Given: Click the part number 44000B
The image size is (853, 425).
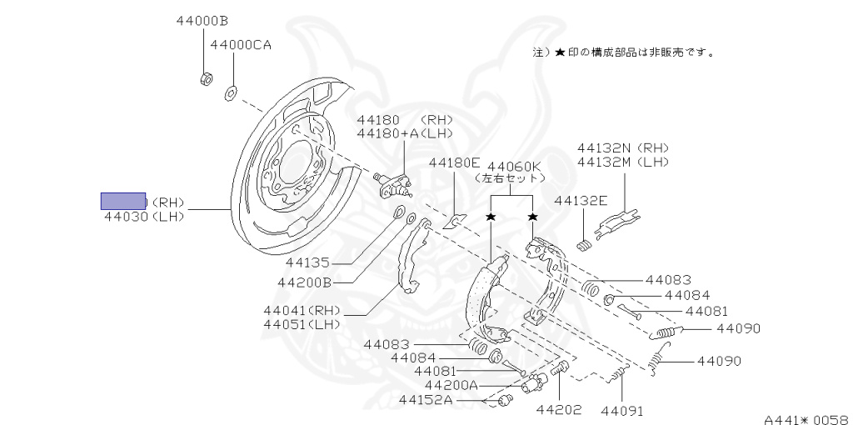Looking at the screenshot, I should (x=202, y=20).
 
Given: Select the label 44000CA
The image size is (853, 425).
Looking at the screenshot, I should (x=241, y=45).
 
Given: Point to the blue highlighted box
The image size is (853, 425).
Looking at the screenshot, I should (x=123, y=201).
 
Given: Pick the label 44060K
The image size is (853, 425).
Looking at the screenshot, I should (x=514, y=166).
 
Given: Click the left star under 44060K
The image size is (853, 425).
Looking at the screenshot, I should (x=491, y=217).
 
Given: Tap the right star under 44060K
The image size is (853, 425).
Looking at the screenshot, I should (x=532, y=217).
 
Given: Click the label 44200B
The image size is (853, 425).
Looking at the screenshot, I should (x=305, y=282).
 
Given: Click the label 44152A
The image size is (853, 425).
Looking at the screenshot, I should (x=425, y=400).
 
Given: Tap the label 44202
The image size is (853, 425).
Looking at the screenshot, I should (x=558, y=410).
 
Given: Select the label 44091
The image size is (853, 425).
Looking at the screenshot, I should (x=622, y=410).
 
